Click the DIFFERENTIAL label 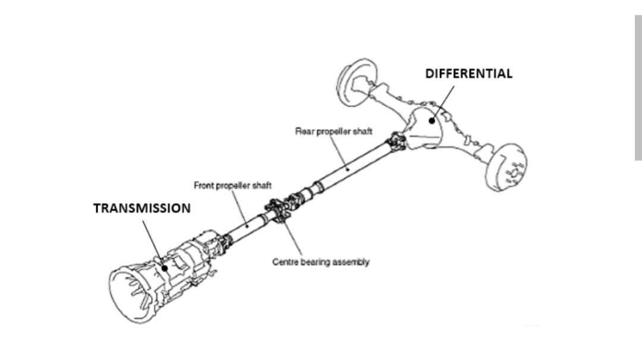tap(468, 74)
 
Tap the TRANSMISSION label tap(142, 209)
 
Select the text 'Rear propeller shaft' tap(333, 131)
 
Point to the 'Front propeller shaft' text tap(232, 186)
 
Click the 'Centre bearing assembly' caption tap(320, 262)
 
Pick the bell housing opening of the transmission tap(131, 291)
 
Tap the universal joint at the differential tap(397, 142)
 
